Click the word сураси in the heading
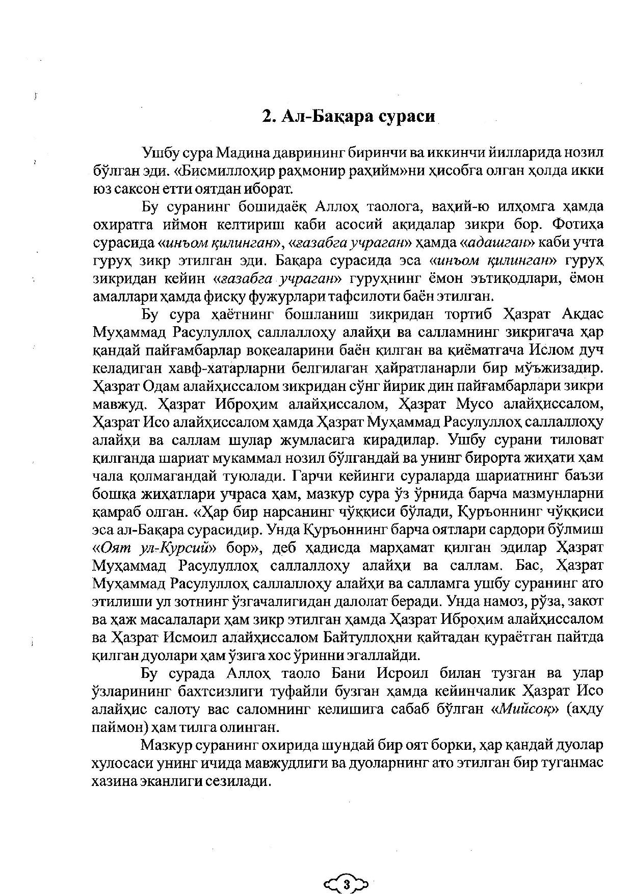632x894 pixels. click(x=408, y=116)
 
